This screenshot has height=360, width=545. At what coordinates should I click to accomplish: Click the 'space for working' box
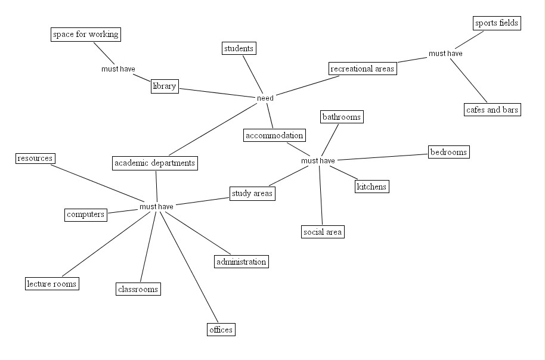coord(85,35)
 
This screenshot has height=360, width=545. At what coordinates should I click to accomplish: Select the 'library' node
coord(165,86)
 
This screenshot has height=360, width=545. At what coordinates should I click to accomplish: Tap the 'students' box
coord(239,48)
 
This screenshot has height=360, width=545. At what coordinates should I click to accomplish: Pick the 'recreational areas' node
coord(363,69)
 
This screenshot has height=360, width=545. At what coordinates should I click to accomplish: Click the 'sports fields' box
coord(497,23)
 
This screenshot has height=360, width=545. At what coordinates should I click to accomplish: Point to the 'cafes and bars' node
coord(493,110)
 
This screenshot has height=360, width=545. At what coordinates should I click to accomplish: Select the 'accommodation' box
coord(274,135)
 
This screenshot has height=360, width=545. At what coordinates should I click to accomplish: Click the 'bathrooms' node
coord(342,117)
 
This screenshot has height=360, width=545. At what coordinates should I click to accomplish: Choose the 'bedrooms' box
coord(448,152)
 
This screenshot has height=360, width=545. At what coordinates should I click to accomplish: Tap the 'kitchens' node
coord(371,187)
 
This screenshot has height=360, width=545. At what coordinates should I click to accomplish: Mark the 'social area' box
coord(323,232)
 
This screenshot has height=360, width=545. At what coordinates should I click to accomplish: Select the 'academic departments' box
coord(154,162)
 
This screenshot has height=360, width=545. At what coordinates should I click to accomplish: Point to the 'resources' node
coord(35,159)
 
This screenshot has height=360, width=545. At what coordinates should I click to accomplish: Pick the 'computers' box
coord(86,215)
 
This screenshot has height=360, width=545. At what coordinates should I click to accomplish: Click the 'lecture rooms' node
coord(52,284)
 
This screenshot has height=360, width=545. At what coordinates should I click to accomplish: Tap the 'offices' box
coord(221,330)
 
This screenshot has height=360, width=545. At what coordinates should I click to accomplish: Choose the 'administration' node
coord(241,262)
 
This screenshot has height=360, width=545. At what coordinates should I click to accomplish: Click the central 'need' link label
coord(265,98)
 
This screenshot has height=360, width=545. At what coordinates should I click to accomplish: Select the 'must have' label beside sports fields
coord(445,54)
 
